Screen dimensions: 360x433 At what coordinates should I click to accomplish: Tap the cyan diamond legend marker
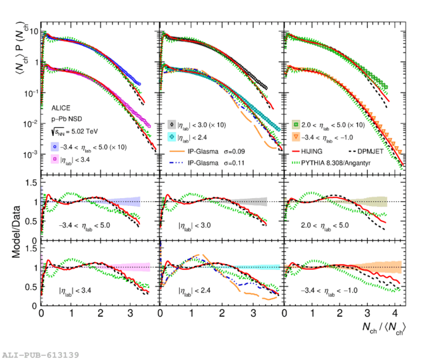click(x=172, y=137)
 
